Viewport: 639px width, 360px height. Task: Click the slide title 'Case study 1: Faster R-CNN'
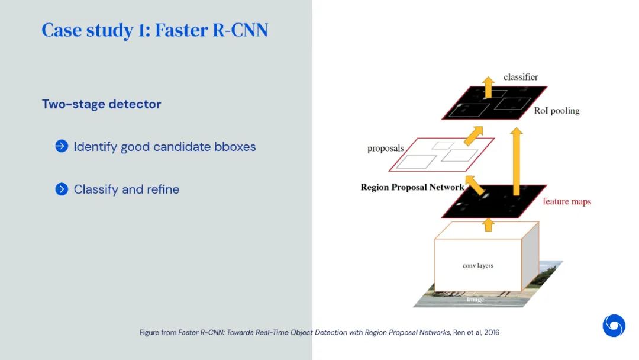pyautogui.click(x=154, y=30)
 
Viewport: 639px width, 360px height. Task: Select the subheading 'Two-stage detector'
pyautogui.click(x=101, y=104)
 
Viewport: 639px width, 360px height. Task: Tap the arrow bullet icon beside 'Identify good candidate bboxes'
pyautogui.click(x=62, y=146)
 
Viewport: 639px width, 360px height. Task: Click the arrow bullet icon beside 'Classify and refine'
pyautogui.click(x=62, y=189)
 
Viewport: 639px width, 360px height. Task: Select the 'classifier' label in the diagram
pyautogui.click(x=521, y=77)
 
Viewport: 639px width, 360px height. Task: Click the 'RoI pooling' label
pyautogui.click(x=557, y=111)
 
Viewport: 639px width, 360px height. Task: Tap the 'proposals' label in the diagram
pyautogui.click(x=385, y=148)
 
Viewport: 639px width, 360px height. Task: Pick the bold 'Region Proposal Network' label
pyautogui.click(x=412, y=187)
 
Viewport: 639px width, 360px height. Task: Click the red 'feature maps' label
pyautogui.click(x=567, y=201)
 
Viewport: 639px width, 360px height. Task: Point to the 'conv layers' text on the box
pyautogui.click(x=477, y=266)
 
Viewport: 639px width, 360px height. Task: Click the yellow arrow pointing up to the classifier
pyautogui.click(x=488, y=87)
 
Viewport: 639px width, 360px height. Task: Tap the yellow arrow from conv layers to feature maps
pyautogui.click(x=488, y=224)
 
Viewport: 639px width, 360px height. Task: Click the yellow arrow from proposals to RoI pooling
pyautogui.click(x=473, y=136)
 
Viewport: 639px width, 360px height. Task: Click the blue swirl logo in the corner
pyautogui.click(x=614, y=326)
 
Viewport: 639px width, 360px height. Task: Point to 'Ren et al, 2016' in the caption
pyautogui.click(x=476, y=333)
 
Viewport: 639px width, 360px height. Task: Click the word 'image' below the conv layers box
pyautogui.click(x=475, y=300)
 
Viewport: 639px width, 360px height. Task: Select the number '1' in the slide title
pyautogui.click(x=143, y=30)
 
